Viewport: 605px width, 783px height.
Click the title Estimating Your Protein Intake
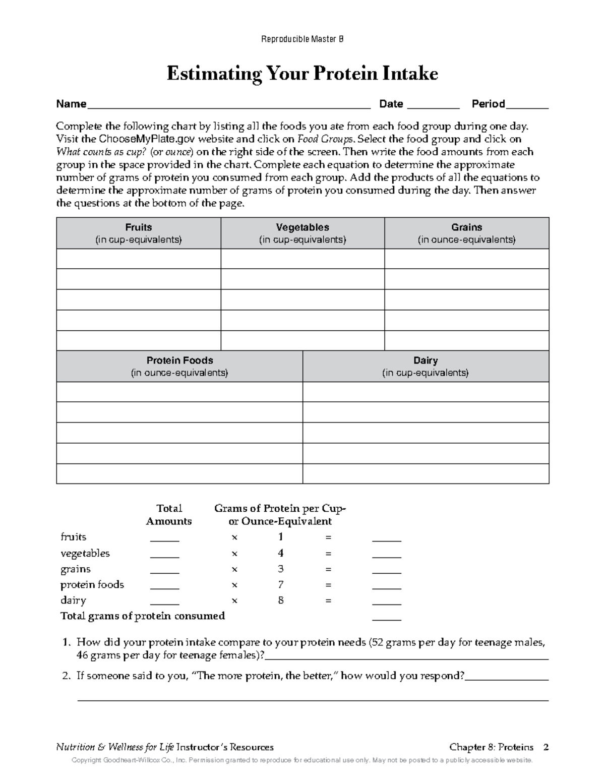302,74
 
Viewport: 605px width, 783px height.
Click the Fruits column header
139,233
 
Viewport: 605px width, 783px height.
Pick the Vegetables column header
302,233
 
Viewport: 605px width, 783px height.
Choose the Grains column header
467,233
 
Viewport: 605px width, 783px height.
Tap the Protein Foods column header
179,366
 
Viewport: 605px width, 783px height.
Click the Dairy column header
426,366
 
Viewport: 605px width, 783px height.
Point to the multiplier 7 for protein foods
281,585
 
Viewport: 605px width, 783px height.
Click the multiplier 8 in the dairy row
281,600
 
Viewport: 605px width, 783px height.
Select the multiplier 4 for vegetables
281,553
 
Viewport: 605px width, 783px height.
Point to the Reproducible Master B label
302,39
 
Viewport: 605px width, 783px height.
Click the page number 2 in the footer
546,747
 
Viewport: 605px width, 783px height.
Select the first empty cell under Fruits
139,259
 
